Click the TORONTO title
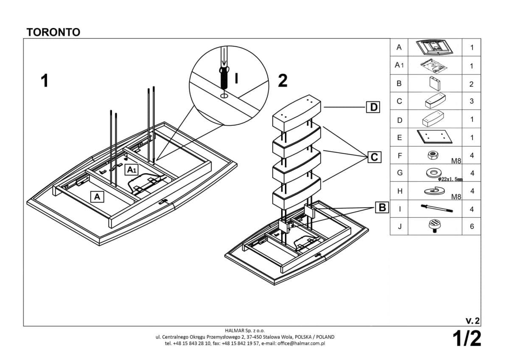(x=53, y=32)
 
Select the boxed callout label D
(x=373, y=107)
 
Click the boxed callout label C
(x=374, y=157)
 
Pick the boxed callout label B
(x=382, y=208)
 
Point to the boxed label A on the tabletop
(x=97, y=197)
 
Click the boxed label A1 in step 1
(x=131, y=170)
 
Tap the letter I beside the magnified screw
(x=237, y=79)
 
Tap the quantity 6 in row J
(x=472, y=227)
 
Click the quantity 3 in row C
(x=472, y=101)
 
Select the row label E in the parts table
(x=399, y=138)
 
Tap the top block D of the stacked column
(x=296, y=113)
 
